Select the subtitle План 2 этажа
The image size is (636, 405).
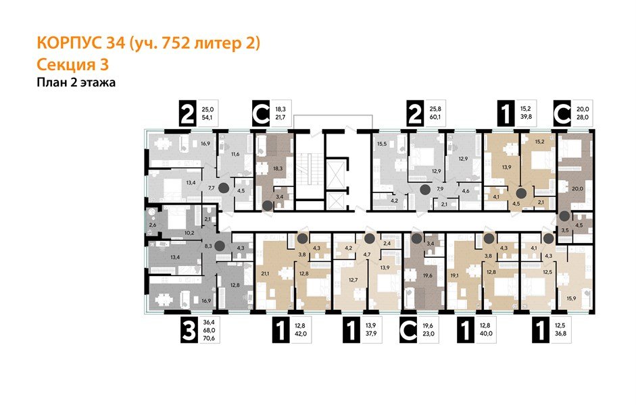point(74,83)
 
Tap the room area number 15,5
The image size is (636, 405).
point(381,144)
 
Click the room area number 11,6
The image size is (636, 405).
point(235,155)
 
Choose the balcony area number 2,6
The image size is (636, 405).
point(152,224)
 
